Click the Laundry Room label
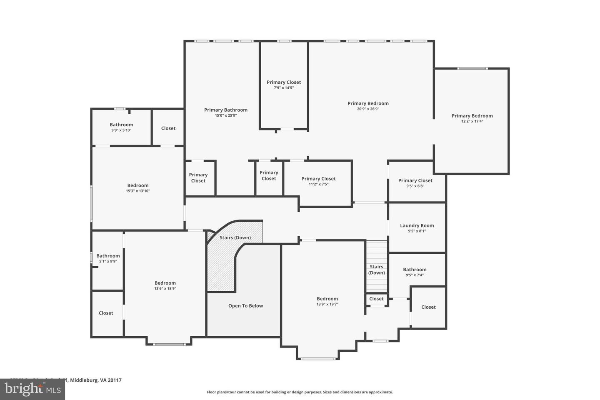click(x=417, y=225)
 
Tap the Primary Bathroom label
click(x=225, y=110)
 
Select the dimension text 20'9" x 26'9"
click(x=368, y=109)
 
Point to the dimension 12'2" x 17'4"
click(x=472, y=122)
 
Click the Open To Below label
click(x=245, y=306)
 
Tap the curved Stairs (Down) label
click(x=235, y=237)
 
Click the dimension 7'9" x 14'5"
click(x=284, y=88)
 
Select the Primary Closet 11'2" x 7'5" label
click(x=318, y=179)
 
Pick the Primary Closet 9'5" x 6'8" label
click(x=415, y=180)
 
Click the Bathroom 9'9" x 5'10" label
click(x=121, y=125)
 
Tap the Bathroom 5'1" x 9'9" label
click(x=108, y=256)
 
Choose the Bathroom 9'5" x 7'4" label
click(x=415, y=270)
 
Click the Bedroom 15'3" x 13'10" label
click(x=138, y=185)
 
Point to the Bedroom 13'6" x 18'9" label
click(x=165, y=283)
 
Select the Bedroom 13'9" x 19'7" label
click(x=327, y=299)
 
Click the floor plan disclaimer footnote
click(x=300, y=392)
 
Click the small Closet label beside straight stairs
click(x=376, y=299)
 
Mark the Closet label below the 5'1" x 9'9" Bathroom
click(x=106, y=313)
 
